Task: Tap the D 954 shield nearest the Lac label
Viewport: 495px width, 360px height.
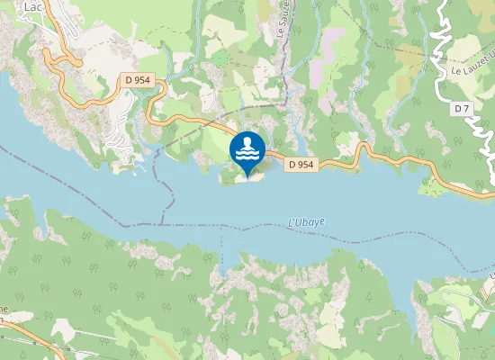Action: point(138,80)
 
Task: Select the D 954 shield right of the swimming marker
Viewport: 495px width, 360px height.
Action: point(301,165)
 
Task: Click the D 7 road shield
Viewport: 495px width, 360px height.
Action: point(463,109)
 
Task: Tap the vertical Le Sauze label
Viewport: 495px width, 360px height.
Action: point(282,18)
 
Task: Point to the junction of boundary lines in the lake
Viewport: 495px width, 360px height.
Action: point(162,220)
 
